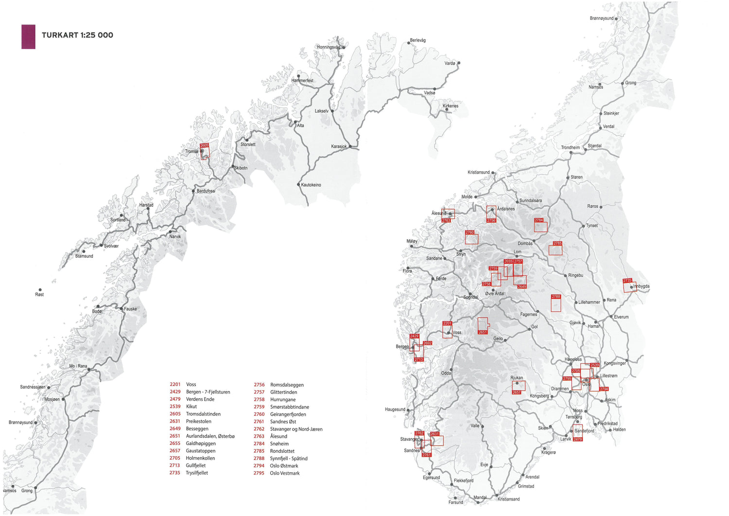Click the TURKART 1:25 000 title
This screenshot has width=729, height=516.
(x=77, y=35)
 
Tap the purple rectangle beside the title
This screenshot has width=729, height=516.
(x=28, y=37)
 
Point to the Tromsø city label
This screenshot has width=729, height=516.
(x=191, y=151)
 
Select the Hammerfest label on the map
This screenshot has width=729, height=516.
(x=302, y=81)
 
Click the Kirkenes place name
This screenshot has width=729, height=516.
(x=451, y=106)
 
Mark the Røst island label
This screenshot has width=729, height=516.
(x=39, y=294)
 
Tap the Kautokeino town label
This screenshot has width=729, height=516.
(x=311, y=185)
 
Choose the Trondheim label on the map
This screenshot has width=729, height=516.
(x=570, y=147)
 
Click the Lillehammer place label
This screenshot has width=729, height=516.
(x=589, y=302)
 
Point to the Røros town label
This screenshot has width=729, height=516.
(x=592, y=206)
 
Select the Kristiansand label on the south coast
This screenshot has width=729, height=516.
(x=508, y=499)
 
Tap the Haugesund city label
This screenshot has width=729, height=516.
(x=395, y=409)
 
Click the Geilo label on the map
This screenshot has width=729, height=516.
(x=498, y=338)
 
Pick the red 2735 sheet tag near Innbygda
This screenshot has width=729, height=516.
(x=627, y=281)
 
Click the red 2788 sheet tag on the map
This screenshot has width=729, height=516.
(x=555, y=297)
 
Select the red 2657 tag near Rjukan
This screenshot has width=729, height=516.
(x=516, y=392)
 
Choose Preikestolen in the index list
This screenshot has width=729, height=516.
(x=198, y=421)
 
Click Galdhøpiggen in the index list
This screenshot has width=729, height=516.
(x=201, y=444)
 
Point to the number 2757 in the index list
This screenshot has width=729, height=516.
(x=259, y=392)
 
